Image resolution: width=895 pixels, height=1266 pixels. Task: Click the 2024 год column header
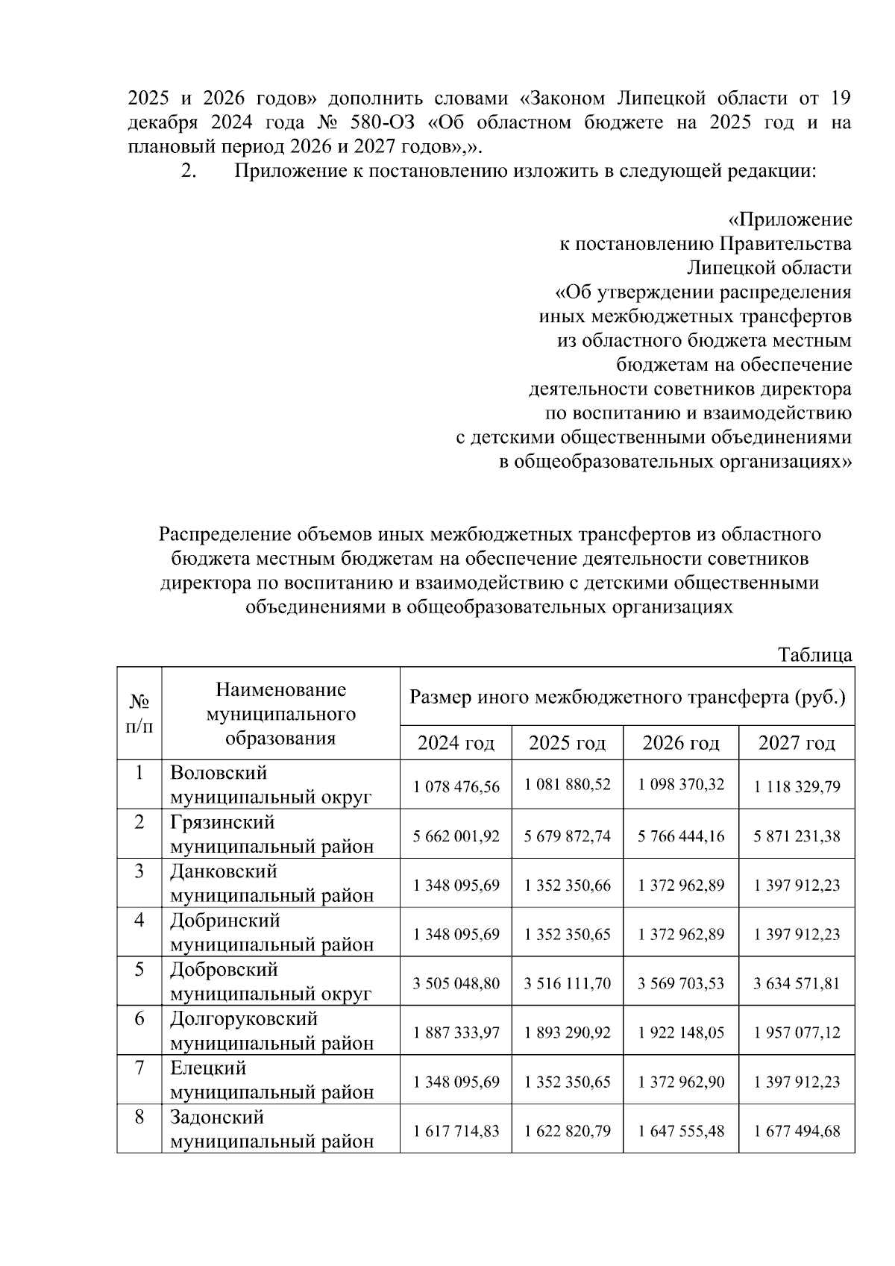(456, 743)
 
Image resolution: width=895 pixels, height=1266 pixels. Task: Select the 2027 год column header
(797, 743)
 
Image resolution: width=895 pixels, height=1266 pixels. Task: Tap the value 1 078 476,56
(456, 786)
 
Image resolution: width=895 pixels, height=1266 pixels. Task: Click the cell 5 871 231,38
(797, 836)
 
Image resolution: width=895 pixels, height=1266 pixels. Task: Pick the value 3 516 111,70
(567, 983)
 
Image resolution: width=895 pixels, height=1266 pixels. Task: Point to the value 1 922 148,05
(681, 1032)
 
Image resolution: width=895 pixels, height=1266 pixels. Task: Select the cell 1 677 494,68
(797, 1131)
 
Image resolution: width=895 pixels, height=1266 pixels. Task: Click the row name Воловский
(219, 773)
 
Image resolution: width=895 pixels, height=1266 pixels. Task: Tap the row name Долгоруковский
(244, 1019)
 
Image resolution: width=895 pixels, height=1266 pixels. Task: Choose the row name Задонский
(217, 1118)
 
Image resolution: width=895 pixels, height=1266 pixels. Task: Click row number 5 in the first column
(139, 970)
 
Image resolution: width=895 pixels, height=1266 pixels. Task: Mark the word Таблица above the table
(814, 655)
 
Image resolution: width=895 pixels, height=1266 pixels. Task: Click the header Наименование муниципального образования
(280, 714)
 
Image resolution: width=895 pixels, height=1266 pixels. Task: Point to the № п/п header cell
(139, 714)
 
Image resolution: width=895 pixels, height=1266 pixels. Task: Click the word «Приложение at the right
(789, 220)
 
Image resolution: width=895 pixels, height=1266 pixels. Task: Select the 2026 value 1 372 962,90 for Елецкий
(681, 1082)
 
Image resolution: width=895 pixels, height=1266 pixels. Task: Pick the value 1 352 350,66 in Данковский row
(567, 886)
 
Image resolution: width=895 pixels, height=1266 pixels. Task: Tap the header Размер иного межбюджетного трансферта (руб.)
(627, 698)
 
